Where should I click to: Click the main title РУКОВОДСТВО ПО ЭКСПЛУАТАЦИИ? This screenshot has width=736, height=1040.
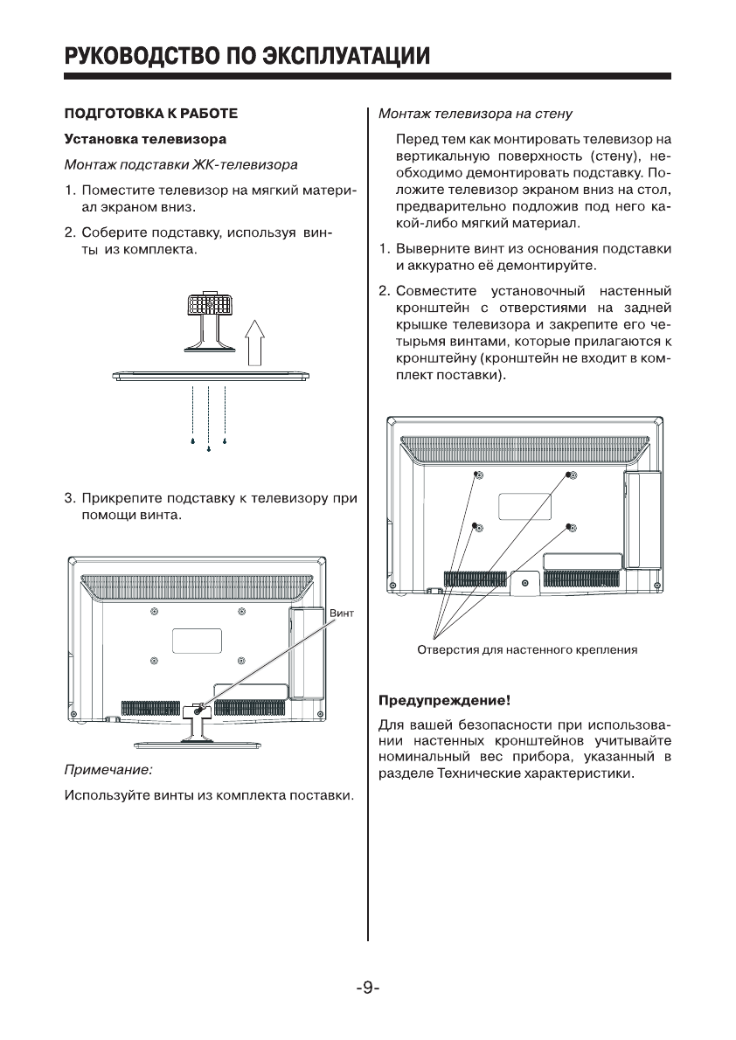pyautogui.click(x=246, y=57)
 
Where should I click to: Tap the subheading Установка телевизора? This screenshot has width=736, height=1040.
pyautogui.click(x=145, y=139)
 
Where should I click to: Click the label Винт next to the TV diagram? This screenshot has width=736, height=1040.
pyautogui.click(x=342, y=614)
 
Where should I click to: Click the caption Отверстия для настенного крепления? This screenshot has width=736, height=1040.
pyautogui.click(x=526, y=650)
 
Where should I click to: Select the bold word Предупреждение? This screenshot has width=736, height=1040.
pyautogui.click(x=442, y=701)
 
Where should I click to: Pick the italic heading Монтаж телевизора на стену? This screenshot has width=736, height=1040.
pyautogui.click(x=476, y=114)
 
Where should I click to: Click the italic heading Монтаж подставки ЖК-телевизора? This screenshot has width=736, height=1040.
pyautogui.click(x=181, y=164)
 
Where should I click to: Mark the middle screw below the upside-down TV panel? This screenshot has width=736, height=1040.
pyautogui.click(x=209, y=449)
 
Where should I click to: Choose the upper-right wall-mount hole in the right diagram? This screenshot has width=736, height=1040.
pyautogui.click(x=570, y=475)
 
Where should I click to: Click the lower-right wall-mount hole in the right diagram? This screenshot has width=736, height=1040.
pyautogui.click(x=570, y=527)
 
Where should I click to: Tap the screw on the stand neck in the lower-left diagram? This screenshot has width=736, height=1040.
pyautogui.click(x=198, y=711)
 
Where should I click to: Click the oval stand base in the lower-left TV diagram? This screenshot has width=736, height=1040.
pyautogui.click(x=198, y=745)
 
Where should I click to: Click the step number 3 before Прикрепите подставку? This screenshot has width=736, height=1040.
pyautogui.click(x=68, y=500)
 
